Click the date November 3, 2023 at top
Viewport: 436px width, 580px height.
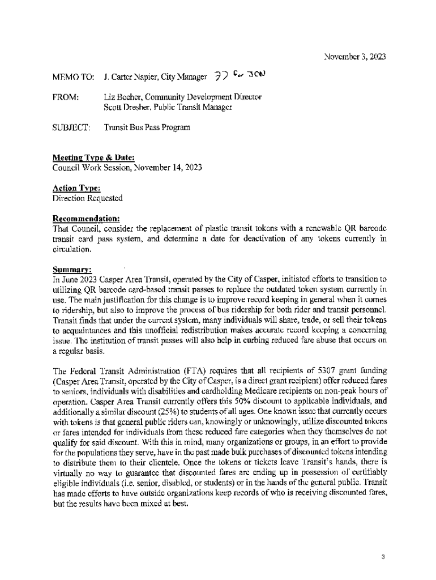coord(355,57)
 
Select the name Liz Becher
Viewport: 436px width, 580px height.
coord(122,97)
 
